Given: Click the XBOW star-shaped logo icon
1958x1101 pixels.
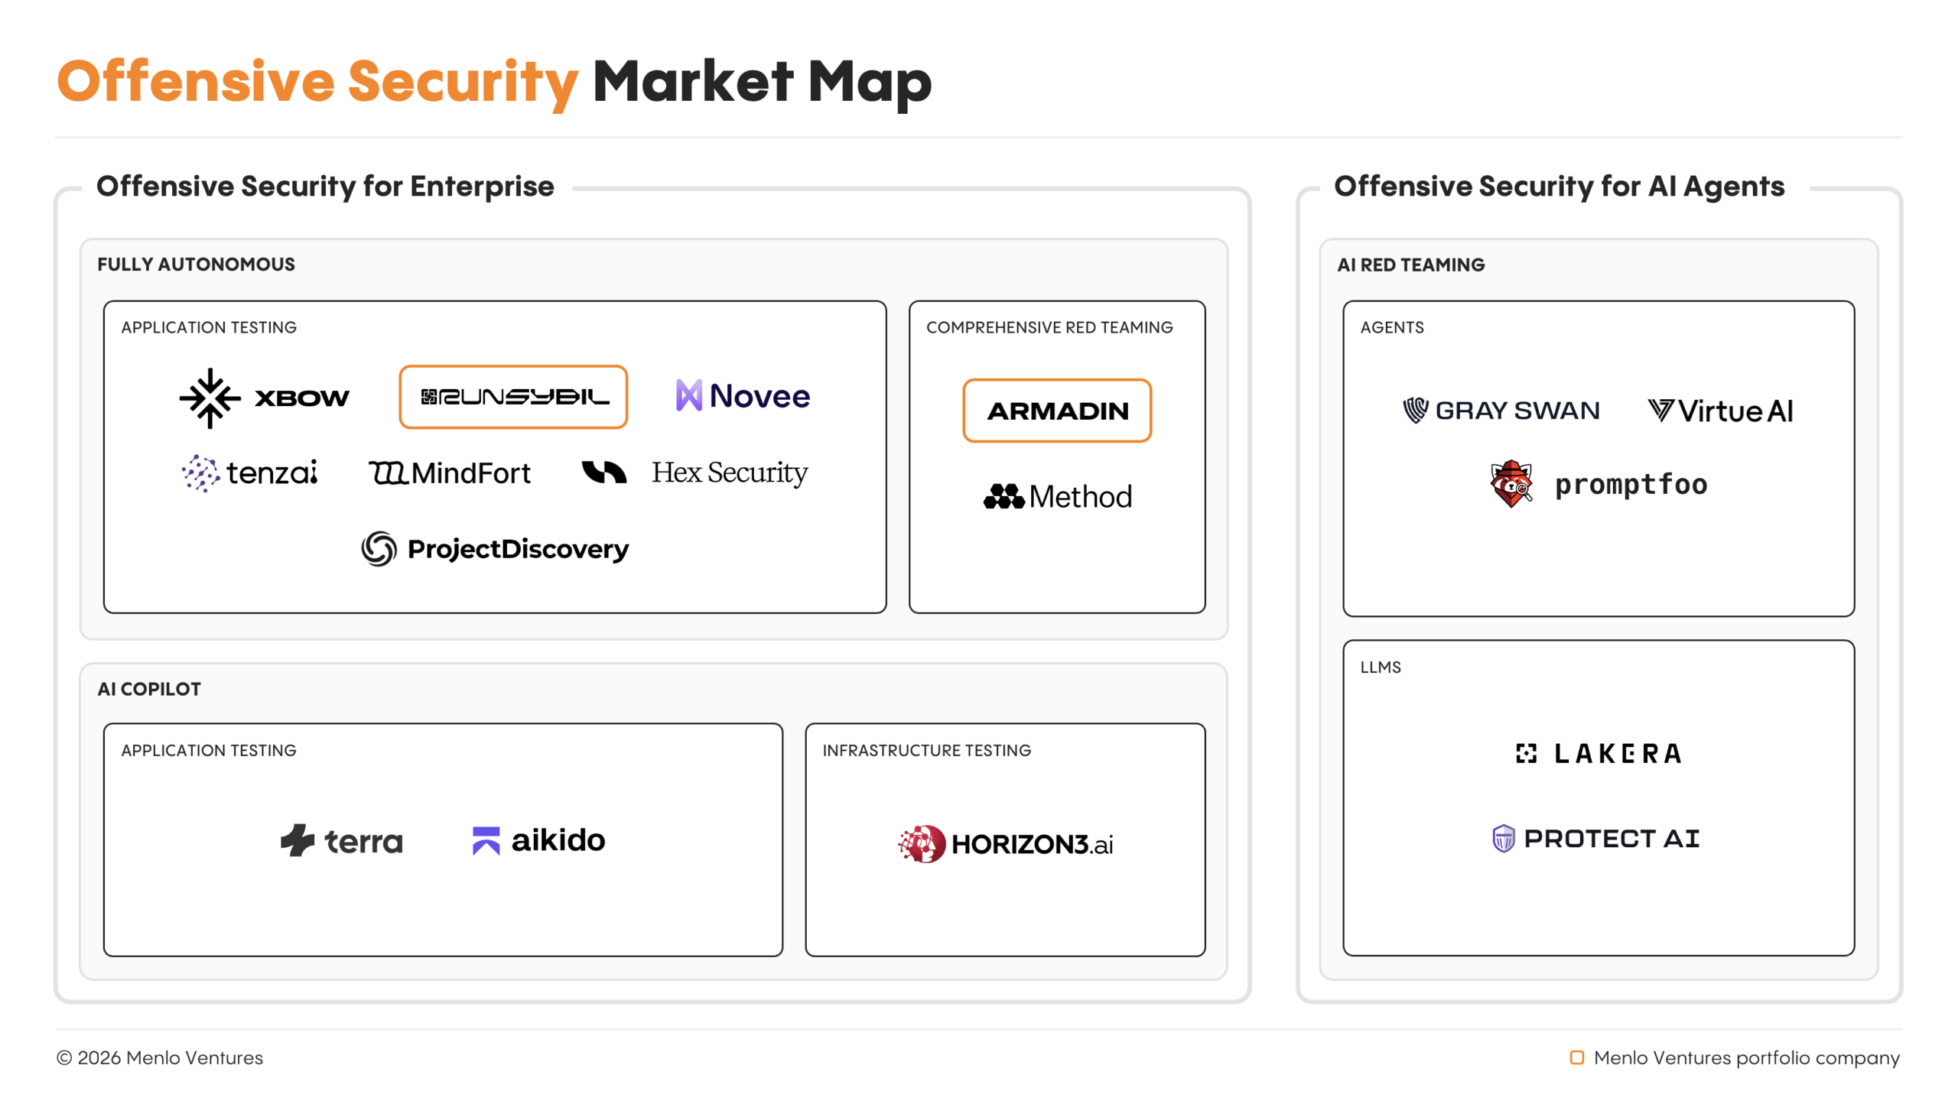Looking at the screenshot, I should click(x=210, y=398).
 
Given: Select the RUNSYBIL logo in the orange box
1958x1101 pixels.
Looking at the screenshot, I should click(x=514, y=397).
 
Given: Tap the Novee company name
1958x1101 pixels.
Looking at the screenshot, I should click(x=759, y=396).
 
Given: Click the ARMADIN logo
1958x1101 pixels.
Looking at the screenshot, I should click(x=1057, y=411).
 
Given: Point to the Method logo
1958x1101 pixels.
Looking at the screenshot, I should click(x=1057, y=497).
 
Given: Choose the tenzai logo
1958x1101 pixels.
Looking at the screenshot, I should click(x=250, y=473).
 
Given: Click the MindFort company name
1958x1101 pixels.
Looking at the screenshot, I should click(x=470, y=473).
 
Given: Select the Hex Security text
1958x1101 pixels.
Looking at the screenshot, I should click(x=729, y=473).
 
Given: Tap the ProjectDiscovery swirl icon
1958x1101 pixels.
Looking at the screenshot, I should click(x=379, y=548).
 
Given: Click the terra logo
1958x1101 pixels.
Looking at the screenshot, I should click(x=341, y=840).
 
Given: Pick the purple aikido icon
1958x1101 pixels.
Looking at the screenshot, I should click(x=486, y=840).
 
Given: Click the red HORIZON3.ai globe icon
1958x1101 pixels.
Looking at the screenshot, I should click(x=922, y=843).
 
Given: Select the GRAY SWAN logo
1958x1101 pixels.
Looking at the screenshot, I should click(x=1501, y=411).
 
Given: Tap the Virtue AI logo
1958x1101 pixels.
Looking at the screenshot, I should click(x=1719, y=411).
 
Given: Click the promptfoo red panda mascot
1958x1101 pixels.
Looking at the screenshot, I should click(x=1511, y=483).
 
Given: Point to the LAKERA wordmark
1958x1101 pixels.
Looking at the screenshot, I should click(x=1618, y=754).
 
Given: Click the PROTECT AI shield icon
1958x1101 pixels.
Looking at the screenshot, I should click(x=1504, y=839).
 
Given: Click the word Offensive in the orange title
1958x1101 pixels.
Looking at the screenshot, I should click(x=196, y=81).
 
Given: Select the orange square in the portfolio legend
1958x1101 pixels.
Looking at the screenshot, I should click(x=1577, y=1057).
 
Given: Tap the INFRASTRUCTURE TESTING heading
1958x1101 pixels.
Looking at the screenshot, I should click(x=926, y=750).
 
